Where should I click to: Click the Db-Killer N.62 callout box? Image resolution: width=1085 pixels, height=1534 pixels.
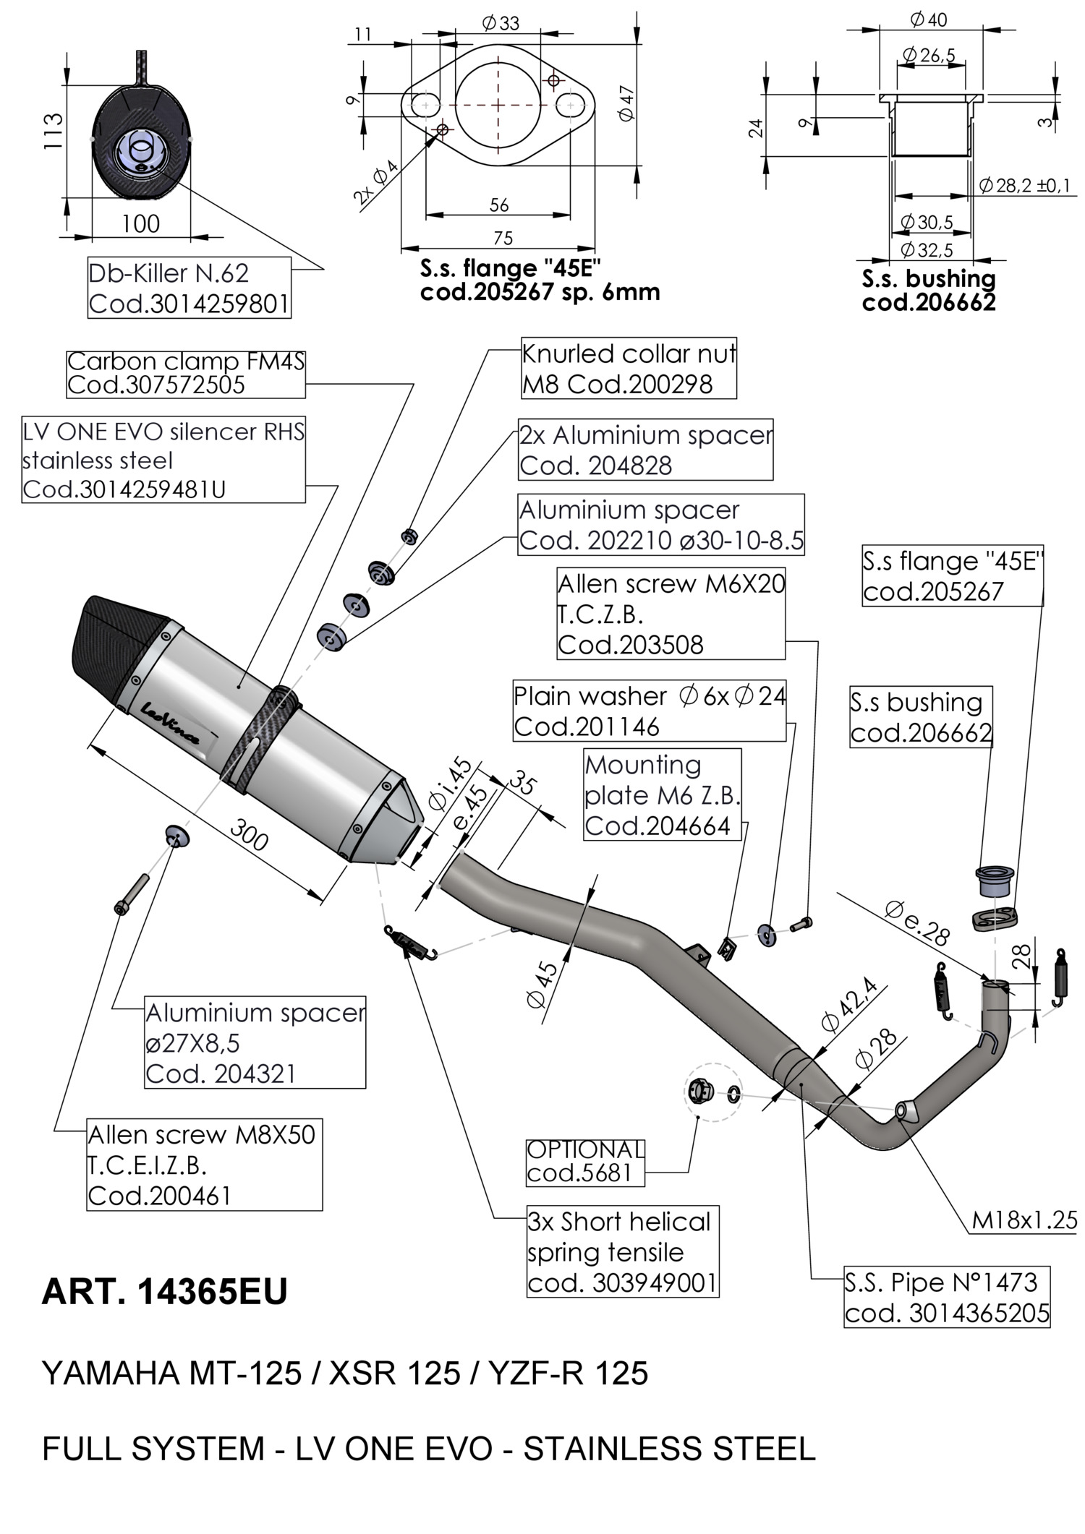point(189,288)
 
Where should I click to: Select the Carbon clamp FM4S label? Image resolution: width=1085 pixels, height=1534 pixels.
point(185,373)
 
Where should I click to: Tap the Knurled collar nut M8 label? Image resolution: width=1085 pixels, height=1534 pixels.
point(629,369)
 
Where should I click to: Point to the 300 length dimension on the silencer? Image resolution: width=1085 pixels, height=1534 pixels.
point(250,837)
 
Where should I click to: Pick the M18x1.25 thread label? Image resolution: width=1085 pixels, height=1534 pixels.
point(1024,1220)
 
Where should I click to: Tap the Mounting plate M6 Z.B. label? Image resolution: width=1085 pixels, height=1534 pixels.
point(663,794)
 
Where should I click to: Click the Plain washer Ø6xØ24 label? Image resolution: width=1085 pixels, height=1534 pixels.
point(649,711)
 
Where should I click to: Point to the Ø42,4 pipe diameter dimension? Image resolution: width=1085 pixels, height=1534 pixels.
point(849,1004)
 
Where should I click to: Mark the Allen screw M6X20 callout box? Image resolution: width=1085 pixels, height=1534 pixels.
point(671,613)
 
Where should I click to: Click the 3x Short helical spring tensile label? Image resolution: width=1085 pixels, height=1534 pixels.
point(622,1251)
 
